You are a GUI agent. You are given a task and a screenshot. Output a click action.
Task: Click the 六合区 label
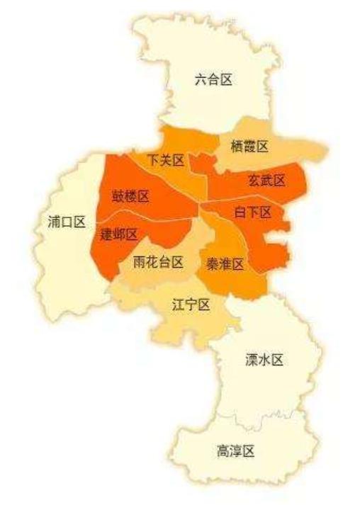tap(213, 79)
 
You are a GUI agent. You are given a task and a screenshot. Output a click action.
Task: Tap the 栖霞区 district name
tap(249, 147)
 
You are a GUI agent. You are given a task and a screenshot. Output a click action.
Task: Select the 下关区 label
tap(166, 161)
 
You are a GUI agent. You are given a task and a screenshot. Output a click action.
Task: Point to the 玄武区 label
tap(266, 181)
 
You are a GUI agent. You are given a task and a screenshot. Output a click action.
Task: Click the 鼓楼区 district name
tap(130, 195)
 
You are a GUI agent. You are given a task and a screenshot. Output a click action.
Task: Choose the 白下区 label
tap(253, 212)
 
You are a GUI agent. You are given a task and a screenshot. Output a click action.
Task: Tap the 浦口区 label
tap(62, 222)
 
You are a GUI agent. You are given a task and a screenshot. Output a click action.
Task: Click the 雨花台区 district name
tap(159, 262)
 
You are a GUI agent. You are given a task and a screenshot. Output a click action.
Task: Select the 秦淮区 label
tap(225, 264)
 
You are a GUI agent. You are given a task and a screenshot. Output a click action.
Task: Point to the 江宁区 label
tap(191, 305)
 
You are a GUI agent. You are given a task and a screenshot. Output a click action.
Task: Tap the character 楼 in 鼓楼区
tap(130, 195)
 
